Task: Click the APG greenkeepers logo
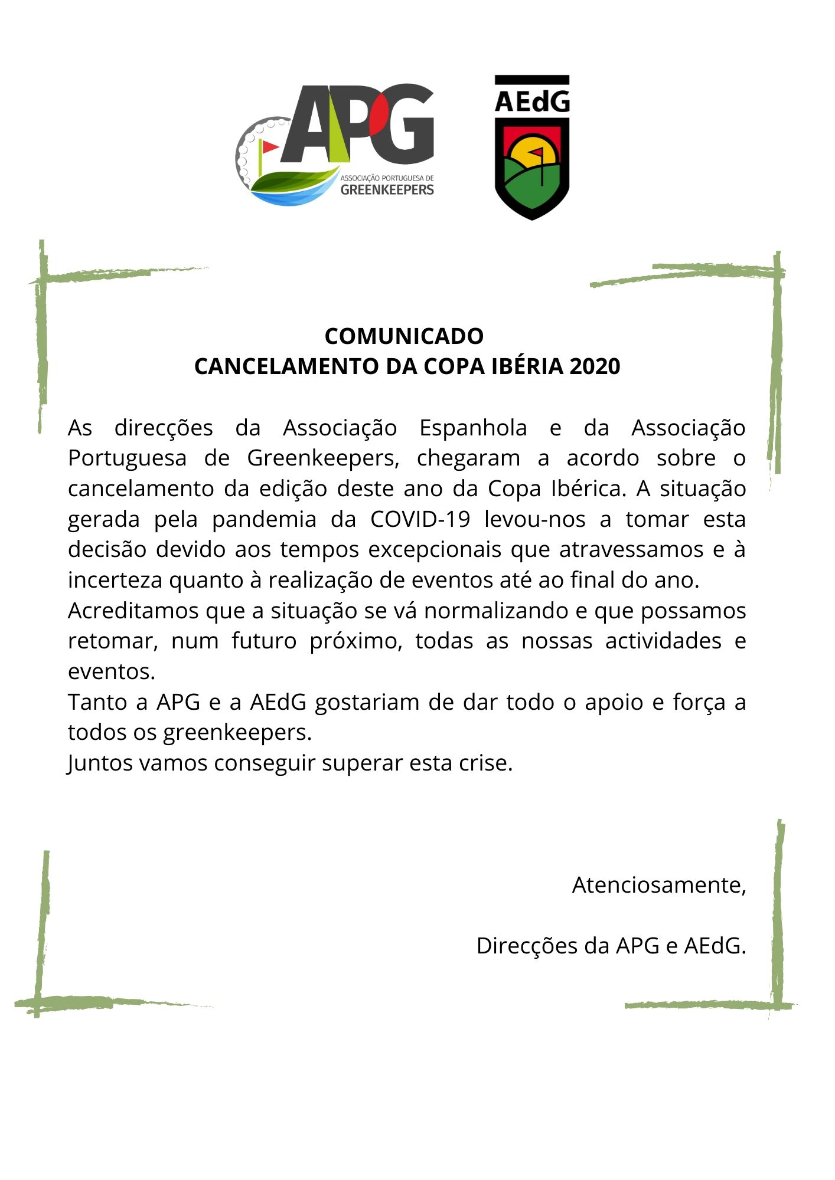pos(335,145)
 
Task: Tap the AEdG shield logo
pos(531,147)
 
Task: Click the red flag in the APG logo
pos(269,146)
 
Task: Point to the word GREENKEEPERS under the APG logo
pos(387,190)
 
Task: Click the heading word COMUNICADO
pos(404,336)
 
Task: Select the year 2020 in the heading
pos(595,366)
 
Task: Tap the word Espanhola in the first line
pos(472,428)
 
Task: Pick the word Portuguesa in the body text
pos(127,458)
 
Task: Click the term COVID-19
pos(420,519)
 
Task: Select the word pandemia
pos(264,519)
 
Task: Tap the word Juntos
pos(100,763)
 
